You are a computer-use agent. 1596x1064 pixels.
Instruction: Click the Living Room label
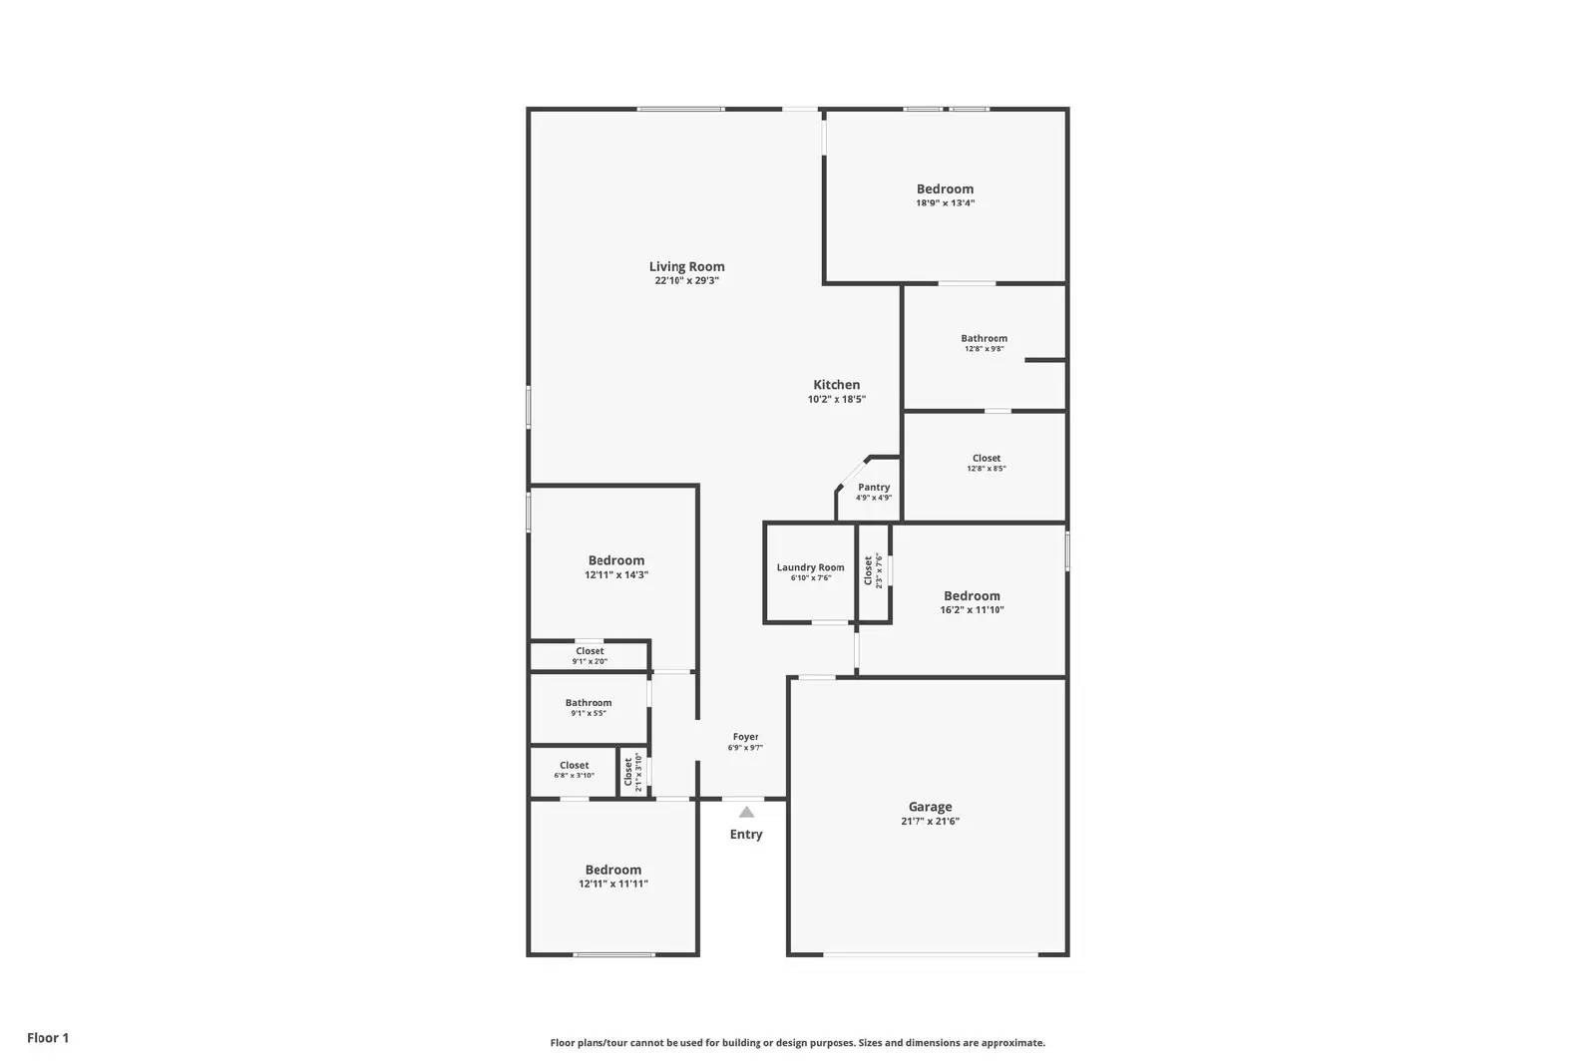[x=686, y=266]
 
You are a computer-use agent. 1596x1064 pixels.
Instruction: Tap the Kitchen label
[x=836, y=385]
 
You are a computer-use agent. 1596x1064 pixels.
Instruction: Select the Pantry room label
[x=874, y=488]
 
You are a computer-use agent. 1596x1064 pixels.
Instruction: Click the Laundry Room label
[x=810, y=567]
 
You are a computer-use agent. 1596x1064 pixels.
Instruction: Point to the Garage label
[x=930, y=807]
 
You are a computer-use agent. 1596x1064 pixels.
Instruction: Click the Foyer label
[x=745, y=737]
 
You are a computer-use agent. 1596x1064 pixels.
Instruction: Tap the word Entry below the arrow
[x=745, y=835]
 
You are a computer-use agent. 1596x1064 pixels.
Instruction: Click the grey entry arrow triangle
[x=746, y=812]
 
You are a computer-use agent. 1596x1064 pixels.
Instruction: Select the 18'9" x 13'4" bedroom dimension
[x=945, y=203]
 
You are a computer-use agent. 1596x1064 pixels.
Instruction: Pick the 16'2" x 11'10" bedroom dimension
[x=972, y=610]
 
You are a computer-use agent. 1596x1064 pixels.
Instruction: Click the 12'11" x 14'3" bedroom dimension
[x=616, y=575]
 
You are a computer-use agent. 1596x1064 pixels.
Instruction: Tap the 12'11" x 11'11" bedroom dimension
[x=613, y=885]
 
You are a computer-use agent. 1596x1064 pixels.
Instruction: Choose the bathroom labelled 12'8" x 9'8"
[x=984, y=343]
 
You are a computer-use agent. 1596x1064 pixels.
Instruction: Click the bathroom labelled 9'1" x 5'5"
[x=589, y=708]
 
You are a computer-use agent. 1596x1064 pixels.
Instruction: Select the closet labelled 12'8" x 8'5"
[x=987, y=463]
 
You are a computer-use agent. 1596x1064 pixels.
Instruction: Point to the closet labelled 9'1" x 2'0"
[x=590, y=656]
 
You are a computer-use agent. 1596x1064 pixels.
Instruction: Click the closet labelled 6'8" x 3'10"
[x=574, y=770]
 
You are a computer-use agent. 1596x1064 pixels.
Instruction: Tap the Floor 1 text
[x=48, y=1038]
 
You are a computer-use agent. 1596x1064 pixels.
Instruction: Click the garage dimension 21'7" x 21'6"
[x=930, y=822]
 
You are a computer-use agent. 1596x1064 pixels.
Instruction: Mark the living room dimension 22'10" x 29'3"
[x=686, y=281]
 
